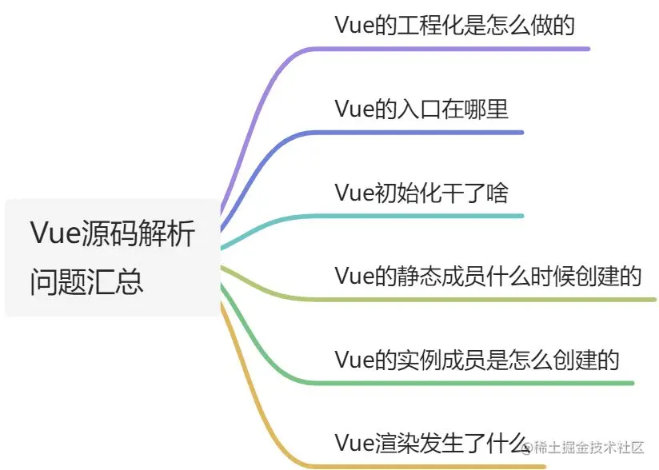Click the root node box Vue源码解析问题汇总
point(112,257)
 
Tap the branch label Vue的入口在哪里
point(421,109)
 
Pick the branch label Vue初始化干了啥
point(421,193)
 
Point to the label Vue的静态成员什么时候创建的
point(488,277)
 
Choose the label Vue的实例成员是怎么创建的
point(477,360)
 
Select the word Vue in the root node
point(52,233)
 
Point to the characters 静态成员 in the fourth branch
point(439,277)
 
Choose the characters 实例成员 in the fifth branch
point(439,360)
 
